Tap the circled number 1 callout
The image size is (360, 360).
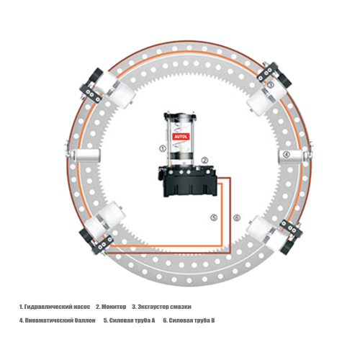pyautogui.click(x=163, y=148)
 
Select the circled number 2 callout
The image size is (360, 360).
pyautogui.click(x=204, y=161)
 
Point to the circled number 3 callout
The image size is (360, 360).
pyautogui.click(x=270, y=84)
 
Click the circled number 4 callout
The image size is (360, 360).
pyautogui.click(x=287, y=155)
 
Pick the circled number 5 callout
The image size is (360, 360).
pyautogui.click(x=214, y=217)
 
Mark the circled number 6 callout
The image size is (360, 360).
pyautogui.click(x=237, y=217)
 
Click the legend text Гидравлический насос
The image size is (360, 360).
pyautogui.click(x=58, y=307)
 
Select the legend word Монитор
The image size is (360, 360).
pyautogui.click(x=114, y=307)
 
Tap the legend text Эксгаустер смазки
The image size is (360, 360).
pyautogui.click(x=164, y=307)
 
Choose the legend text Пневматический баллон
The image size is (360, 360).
pyautogui.click(x=60, y=320)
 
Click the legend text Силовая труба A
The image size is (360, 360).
pyautogui.click(x=132, y=320)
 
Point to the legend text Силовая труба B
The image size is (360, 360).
pyautogui.click(x=192, y=320)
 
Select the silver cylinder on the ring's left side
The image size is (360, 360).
pyautogui.click(x=86, y=155)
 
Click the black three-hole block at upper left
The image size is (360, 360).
pyautogui.click(x=91, y=95)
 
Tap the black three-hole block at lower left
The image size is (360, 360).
pyautogui.click(x=102, y=243)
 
